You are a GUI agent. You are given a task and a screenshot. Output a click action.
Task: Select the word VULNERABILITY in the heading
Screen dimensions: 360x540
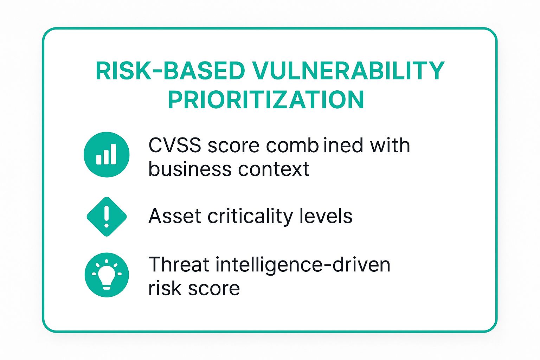pyautogui.click(x=348, y=71)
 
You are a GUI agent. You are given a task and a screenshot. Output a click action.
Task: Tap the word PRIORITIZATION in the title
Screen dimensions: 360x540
pyautogui.click(x=266, y=100)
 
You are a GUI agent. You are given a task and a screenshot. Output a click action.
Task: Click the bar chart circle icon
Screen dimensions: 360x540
pyautogui.click(x=107, y=155)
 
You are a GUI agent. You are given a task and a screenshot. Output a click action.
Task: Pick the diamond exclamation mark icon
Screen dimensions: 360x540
pyautogui.click(x=107, y=217)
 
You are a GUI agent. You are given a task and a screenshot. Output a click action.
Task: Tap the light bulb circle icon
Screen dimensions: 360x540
pyautogui.click(x=107, y=275)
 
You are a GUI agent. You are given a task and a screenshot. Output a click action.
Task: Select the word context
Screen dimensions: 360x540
pyautogui.click(x=274, y=169)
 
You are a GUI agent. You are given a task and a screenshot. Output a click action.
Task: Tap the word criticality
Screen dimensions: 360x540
pyautogui.click(x=250, y=217)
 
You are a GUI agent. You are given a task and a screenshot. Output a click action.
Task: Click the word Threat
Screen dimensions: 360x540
pyautogui.click(x=179, y=264)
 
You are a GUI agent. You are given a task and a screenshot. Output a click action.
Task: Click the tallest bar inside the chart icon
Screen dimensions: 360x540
pyautogui.click(x=113, y=154)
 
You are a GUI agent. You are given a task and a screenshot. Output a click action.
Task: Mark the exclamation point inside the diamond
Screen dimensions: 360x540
pyautogui.click(x=107, y=216)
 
